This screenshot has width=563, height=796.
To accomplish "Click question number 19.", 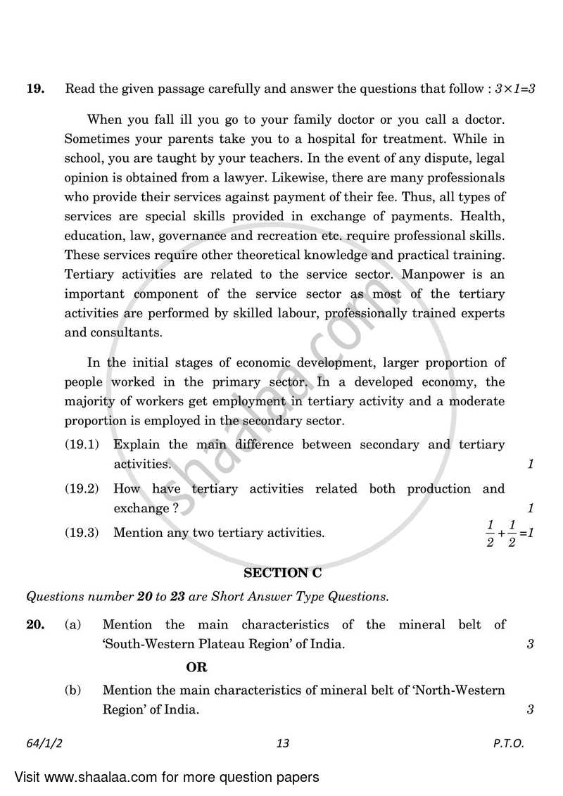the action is tap(34, 89).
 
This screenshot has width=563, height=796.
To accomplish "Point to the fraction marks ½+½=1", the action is tap(510, 533).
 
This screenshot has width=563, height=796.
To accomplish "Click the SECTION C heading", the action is tap(280, 574).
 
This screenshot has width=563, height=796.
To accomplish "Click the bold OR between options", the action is tap(196, 667).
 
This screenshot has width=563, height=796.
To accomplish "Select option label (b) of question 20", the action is tap(73, 691).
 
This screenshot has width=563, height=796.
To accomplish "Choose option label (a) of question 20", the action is tap(73, 624).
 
